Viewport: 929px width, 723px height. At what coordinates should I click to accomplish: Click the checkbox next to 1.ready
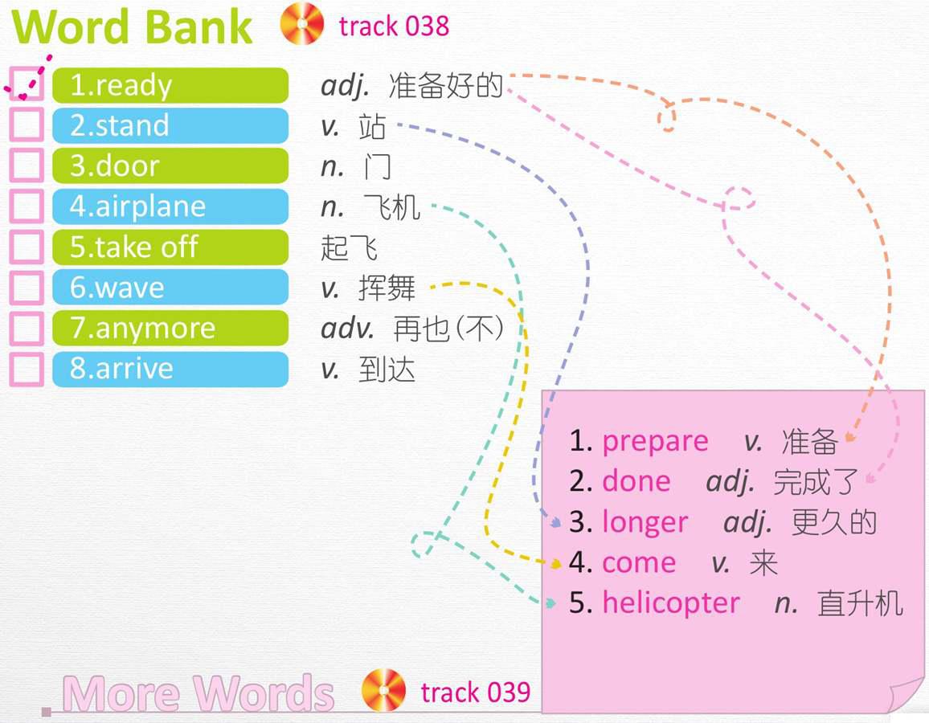click(27, 84)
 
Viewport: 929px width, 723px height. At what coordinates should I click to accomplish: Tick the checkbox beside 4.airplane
click(27, 206)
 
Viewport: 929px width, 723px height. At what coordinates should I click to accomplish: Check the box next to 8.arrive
click(27, 369)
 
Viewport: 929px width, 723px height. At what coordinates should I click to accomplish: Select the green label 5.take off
click(170, 247)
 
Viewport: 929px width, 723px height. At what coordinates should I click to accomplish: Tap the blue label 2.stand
click(170, 125)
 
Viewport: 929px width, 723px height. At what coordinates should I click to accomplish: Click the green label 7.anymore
click(170, 328)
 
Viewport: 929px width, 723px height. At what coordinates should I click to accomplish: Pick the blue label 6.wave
click(170, 287)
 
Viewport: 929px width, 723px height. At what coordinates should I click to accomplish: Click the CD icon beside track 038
click(302, 24)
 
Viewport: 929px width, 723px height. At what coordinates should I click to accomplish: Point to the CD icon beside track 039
click(383, 690)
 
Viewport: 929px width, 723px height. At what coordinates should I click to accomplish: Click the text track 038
click(394, 26)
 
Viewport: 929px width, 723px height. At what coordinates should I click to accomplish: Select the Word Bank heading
click(132, 27)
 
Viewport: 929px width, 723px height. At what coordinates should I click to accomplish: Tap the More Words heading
click(198, 692)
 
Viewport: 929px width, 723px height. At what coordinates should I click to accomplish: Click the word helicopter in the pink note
click(671, 603)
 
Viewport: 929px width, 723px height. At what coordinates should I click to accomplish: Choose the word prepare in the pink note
click(655, 442)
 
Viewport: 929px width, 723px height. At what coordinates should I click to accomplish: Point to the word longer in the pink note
click(645, 523)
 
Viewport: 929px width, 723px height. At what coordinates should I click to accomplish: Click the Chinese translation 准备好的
click(445, 86)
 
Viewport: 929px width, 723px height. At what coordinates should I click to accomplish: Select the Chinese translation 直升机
click(860, 603)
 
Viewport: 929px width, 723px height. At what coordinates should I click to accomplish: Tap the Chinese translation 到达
click(387, 370)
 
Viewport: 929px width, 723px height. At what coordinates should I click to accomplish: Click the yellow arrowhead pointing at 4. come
click(556, 564)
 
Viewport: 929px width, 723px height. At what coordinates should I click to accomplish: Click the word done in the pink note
click(636, 481)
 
